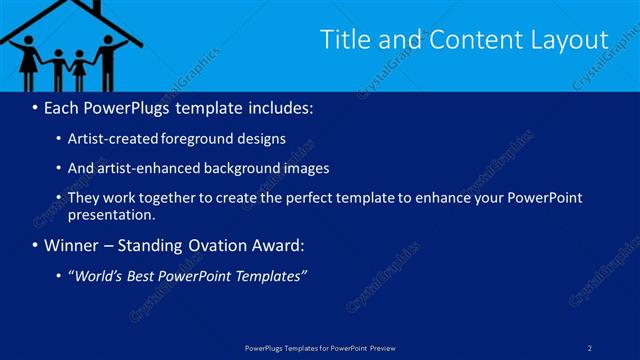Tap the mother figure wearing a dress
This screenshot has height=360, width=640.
pyautogui.click(x=29, y=60)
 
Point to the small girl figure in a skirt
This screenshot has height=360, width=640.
pyautogui.click(x=78, y=68)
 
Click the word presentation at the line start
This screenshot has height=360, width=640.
pyautogui.click(x=109, y=214)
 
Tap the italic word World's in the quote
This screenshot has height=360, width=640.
pyautogui.click(x=99, y=276)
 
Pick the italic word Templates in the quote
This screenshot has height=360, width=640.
pyautogui.click(x=269, y=276)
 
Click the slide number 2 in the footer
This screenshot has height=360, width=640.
pyautogui.click(x=590, y=347)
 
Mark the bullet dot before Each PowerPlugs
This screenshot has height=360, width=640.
pyautogui.click(x=36, y=107)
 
